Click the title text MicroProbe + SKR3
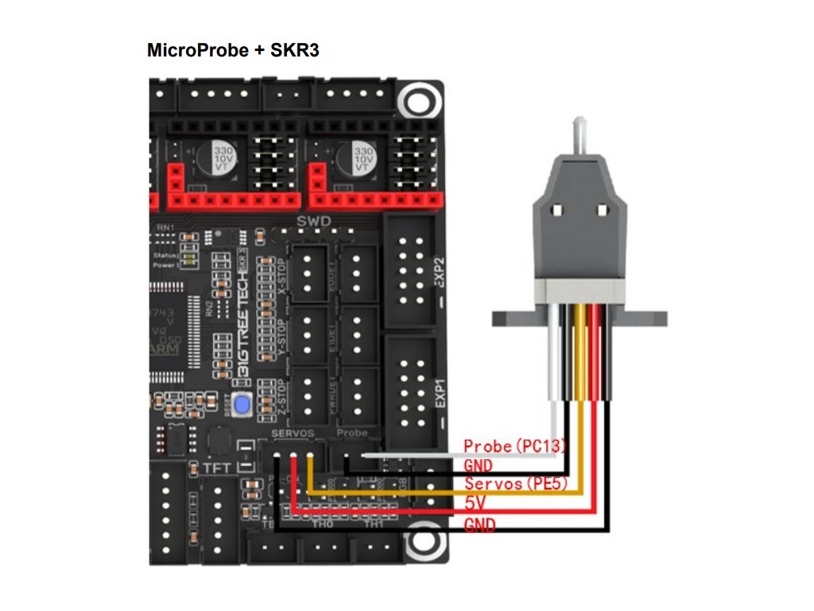pos(234,51)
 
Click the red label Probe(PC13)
pos(512,447)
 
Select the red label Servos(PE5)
pos(516,484)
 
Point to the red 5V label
pos(475,504)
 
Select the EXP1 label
pos(440,394)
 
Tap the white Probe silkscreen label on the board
pos(352,432)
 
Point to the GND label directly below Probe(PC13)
pos(479,465)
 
